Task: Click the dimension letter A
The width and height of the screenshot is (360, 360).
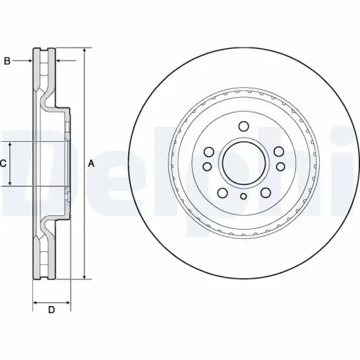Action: tap(91, 164)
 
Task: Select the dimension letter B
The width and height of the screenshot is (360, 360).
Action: tap(7, 61)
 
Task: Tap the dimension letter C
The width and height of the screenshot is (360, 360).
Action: tap(4, 164)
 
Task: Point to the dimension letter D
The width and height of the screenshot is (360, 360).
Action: tap(51, 310)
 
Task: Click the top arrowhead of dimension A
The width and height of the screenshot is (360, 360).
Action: tap(86, 51)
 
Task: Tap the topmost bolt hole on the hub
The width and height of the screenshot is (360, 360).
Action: tap(243, 127)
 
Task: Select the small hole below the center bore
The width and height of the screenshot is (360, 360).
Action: tap(243, 197)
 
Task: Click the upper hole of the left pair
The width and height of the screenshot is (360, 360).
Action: tap(207, 152)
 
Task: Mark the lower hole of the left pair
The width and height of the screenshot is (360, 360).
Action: tap(207, 167)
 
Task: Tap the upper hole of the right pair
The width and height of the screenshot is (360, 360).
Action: tap(279, 152)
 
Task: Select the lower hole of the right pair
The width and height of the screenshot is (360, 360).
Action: tap(279, 167)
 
